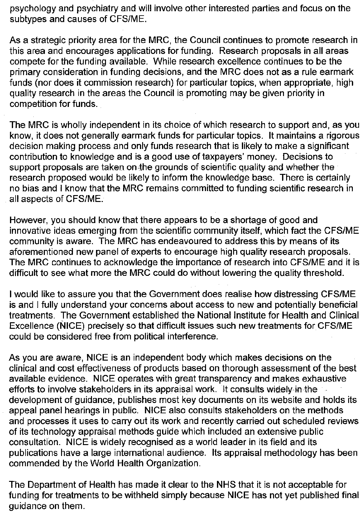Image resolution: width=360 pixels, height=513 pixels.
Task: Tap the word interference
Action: (x=194, y=337)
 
